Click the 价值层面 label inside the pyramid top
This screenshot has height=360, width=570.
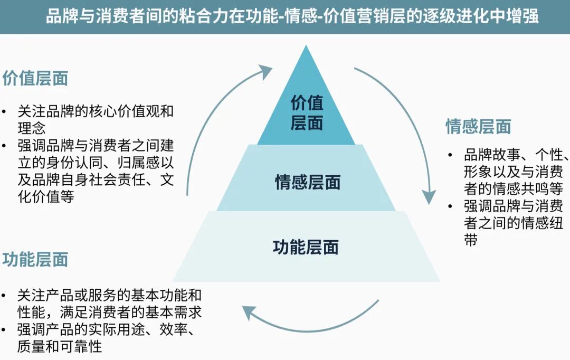click(307, 112)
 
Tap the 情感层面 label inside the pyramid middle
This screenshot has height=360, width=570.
click(308, 182)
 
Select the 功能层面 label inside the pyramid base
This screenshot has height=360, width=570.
click(306, 247)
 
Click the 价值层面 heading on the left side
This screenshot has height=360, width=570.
click(35, 79)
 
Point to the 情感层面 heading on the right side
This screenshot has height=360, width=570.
click(478, 127)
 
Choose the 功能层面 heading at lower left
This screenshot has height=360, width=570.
click(35, 259)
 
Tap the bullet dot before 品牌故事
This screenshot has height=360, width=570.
click(450, 155)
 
